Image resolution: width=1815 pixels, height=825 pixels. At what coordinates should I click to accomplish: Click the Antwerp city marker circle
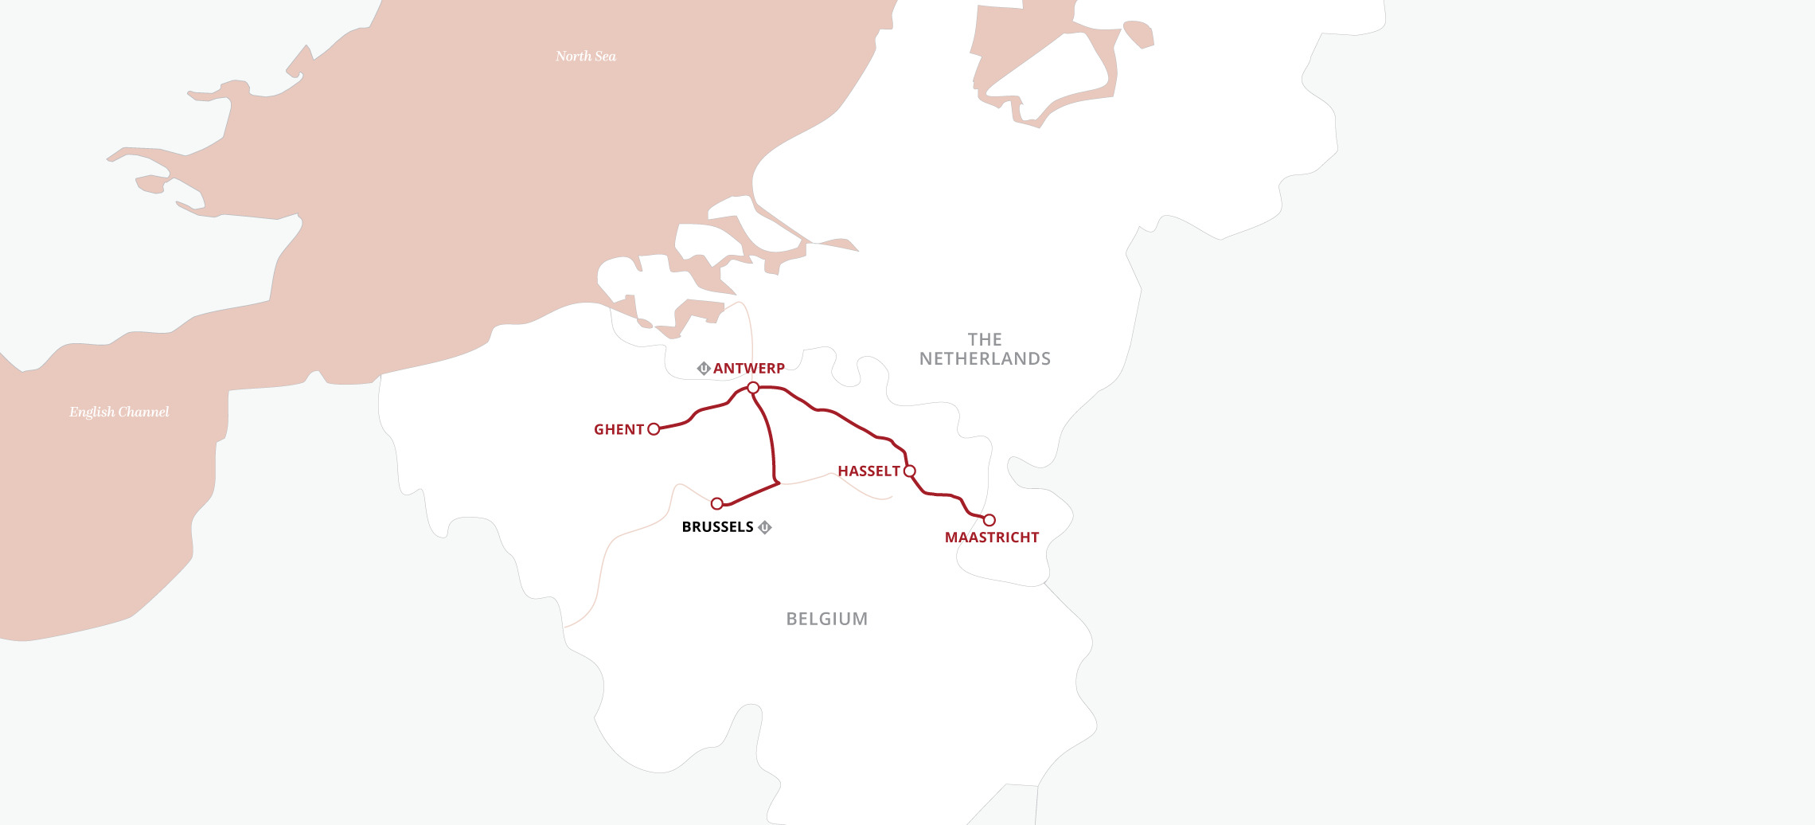753,388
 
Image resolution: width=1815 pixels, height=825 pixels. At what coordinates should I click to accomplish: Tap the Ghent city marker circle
654,429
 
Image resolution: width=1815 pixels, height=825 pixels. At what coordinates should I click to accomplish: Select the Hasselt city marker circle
910,471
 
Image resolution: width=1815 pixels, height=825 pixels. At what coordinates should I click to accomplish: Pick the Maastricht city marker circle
989,520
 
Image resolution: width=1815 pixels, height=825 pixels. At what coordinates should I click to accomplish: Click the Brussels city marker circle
716,503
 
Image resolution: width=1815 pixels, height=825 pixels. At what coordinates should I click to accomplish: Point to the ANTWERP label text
748,369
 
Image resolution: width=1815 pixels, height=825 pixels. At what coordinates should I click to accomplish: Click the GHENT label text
619,430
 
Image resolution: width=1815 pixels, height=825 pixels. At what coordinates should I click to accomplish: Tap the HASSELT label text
868,471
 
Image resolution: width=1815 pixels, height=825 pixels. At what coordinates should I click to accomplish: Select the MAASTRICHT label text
992,538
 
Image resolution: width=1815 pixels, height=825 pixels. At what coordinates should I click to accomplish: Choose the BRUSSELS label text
717,527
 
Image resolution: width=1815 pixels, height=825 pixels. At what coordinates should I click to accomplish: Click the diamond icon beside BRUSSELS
765,527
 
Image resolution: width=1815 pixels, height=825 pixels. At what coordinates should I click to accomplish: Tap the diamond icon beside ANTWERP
704,369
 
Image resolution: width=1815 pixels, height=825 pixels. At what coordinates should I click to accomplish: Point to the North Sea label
586,57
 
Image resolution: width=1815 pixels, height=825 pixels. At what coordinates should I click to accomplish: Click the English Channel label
119,412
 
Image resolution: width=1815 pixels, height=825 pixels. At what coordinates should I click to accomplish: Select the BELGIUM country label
827,620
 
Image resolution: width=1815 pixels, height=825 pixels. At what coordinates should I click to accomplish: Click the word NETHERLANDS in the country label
985,359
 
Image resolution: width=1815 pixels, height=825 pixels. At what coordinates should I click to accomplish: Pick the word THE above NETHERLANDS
985,340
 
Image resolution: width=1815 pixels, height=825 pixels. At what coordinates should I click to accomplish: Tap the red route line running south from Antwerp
771,438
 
